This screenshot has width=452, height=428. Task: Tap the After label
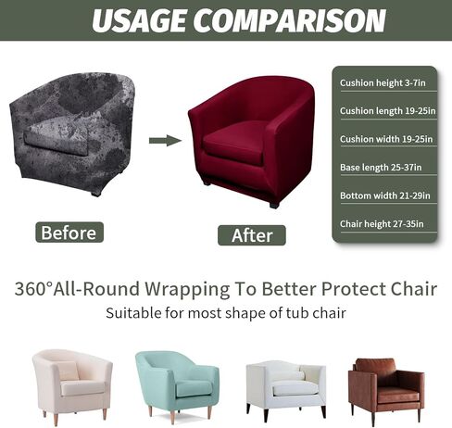(252, 235)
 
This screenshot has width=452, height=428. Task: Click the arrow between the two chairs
(165, 141)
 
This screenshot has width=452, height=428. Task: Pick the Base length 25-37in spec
(381, 167)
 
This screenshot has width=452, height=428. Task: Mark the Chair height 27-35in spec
(381, 223)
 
